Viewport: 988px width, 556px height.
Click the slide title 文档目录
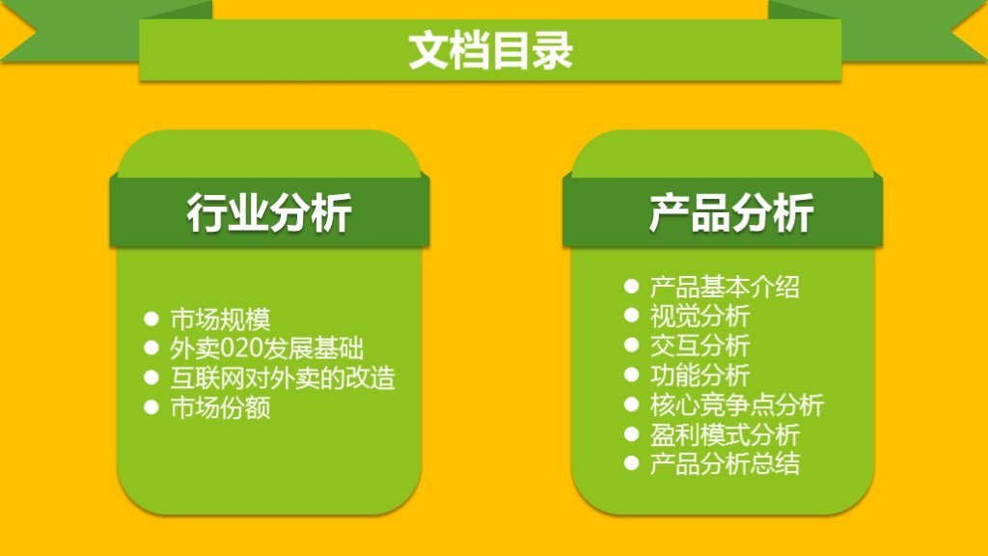point(490,50)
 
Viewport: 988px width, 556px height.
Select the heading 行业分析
point(268,212)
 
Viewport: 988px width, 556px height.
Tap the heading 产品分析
point(731,212)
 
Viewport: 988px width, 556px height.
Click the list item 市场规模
point(220,320)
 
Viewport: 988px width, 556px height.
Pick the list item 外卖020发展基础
point(266,348)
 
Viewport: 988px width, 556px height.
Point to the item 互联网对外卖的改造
point(283,377)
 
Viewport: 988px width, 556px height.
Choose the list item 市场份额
point(220,407)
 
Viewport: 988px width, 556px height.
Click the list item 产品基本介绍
point(725,287)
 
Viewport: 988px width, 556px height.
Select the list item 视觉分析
point(700,316)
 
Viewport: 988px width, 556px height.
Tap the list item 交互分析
point(700,346)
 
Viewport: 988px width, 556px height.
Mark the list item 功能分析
point(700,375)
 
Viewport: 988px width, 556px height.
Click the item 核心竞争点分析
point(737,404)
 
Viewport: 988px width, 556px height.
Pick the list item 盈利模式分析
point(725,434)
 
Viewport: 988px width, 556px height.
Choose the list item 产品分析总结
point(725,463)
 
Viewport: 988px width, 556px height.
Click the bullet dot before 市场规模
point(151,319)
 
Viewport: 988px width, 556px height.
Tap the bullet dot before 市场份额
point(151,406)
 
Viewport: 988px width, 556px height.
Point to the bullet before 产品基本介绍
point(632,286)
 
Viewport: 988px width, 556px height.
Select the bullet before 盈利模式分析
point(632,433)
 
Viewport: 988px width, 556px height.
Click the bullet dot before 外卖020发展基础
point(151,347)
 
